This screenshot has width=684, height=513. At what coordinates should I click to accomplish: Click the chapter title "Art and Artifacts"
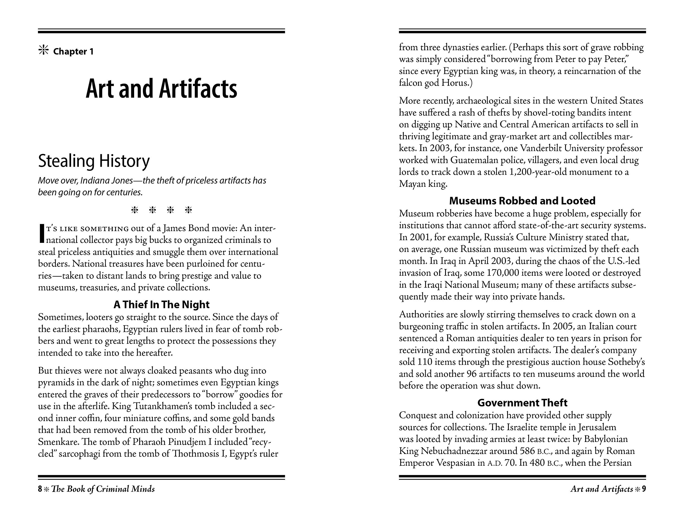pos(161,89)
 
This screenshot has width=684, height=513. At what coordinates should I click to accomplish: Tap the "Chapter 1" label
pos(73,51)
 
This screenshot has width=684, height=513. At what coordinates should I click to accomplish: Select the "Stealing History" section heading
pos(94,161)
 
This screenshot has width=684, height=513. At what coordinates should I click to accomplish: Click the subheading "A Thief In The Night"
pos(161,305)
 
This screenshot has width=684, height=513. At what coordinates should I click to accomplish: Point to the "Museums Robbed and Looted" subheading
pos(522,201)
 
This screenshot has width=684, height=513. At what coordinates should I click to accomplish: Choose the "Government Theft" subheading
pos(522,403)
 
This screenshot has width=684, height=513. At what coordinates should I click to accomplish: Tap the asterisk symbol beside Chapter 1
pos(44,50)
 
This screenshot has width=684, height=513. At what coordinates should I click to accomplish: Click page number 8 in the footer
pos(40,489)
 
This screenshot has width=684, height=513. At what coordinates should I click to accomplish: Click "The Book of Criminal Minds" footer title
pos(103,489)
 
